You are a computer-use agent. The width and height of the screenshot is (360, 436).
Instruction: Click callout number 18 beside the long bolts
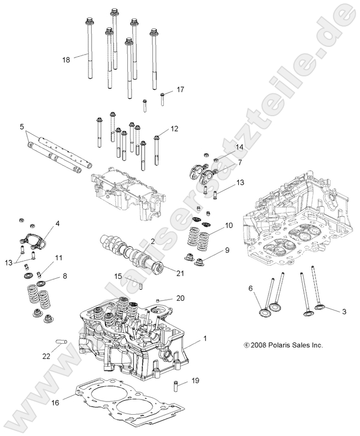point(66,59)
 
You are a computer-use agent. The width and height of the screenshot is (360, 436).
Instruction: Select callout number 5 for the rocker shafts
point(22,127)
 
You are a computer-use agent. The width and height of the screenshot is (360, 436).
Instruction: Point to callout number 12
point(174,129)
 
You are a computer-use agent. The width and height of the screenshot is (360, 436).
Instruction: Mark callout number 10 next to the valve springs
point(228,225)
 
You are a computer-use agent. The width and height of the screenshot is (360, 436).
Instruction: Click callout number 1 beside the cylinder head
point(205,339)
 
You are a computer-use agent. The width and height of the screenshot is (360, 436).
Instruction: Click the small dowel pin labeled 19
point(176,387)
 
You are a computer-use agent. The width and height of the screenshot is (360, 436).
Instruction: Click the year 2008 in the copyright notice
point(259,345)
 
